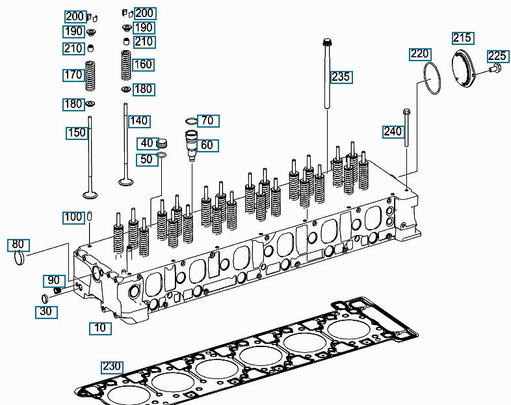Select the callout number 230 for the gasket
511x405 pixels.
(112, 367)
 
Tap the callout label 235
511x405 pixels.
(341, 77)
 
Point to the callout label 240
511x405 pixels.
(393, 132)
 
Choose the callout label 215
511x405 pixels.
(462, 38)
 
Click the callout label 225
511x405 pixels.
(497, 56)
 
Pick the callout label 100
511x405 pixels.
(73, 217)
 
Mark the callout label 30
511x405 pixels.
(46, 312)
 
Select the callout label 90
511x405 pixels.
(53, 280)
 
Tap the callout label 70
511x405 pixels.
(207, 120)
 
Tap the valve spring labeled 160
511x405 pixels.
(125, 65)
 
